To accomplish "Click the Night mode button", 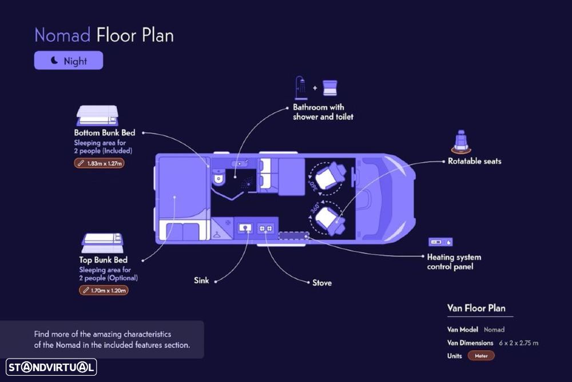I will (x=68, y=61).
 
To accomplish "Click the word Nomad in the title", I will (x=62, y=36).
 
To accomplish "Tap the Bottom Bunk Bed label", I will (x=104, y=133).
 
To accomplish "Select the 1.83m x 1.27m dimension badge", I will (x=100, y=163).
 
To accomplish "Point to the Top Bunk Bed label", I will (x=103, y=260).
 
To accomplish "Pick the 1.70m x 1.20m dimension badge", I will (x=103, y=290).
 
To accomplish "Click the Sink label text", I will (x=201, y=281).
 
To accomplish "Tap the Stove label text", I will (x=321, y=283).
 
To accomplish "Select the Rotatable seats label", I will (x=474, y=162).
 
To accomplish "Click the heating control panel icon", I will (x=440, y=242).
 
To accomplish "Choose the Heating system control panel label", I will (x=454, y=262).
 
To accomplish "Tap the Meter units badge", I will (x=480, y=356).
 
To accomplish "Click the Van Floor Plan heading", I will (x=476, y=308).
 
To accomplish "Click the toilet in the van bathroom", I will (x=219, y=178).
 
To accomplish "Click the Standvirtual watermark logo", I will (x=51, y=367).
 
